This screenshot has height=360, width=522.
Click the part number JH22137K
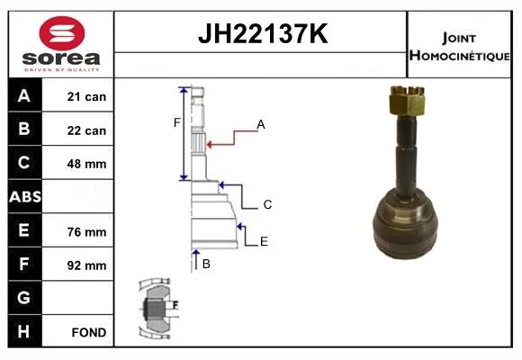(263, 33)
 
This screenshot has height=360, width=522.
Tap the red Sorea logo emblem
(62, 33)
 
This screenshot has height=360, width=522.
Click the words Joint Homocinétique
(459, 47)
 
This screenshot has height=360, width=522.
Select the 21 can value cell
(86, 96)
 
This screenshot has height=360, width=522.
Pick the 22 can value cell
(86, 130)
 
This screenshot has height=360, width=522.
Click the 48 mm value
(86, 164)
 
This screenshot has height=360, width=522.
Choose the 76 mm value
(86, 232)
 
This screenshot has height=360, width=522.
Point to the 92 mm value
(86, 265)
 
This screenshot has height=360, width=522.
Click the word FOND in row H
(89, 332)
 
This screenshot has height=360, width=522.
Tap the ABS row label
(25, 196)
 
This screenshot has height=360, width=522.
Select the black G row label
(25, 297)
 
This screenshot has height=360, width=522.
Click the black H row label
(25, 331)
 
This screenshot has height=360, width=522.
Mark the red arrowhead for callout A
(210, 145)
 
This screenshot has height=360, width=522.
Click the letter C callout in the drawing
(267, 204)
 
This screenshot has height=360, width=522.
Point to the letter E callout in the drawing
(264, 241)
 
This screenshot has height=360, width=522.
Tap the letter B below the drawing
(206, 264)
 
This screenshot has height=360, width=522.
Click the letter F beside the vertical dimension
(176, 122)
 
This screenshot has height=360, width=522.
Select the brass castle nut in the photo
(407, 100)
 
